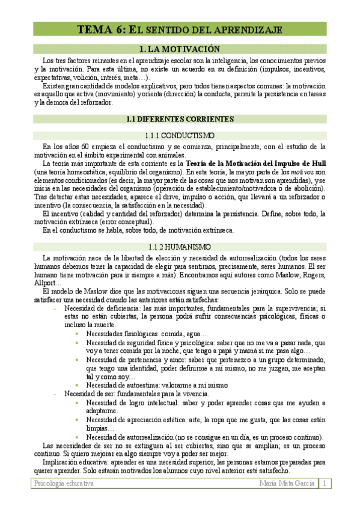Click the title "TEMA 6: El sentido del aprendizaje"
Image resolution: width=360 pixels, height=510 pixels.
pos(180,29)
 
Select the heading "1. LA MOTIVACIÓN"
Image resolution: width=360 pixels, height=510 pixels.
pos(180,49)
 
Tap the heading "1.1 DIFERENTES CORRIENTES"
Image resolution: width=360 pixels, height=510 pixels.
pos(180,119)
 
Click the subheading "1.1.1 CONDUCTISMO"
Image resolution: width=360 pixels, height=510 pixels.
pos(180,135)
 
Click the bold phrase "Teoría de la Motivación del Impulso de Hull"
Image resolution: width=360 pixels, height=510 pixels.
pos(256,163)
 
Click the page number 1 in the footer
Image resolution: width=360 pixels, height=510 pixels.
pos(324,483)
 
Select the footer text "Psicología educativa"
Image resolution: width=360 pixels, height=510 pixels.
pos(63,483)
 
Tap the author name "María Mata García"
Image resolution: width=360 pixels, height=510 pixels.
pos(287,483)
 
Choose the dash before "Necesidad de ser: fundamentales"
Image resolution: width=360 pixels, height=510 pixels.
pos(55,393)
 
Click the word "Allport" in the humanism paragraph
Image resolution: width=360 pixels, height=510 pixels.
pos(46,283)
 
